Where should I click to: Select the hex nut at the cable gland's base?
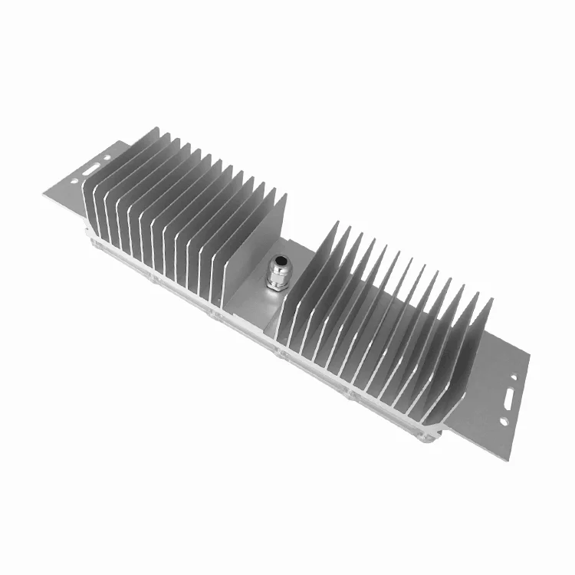tap(275, 284)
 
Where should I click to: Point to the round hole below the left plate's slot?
tap(74, 182)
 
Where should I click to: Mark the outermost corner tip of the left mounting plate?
tap(43, 195)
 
